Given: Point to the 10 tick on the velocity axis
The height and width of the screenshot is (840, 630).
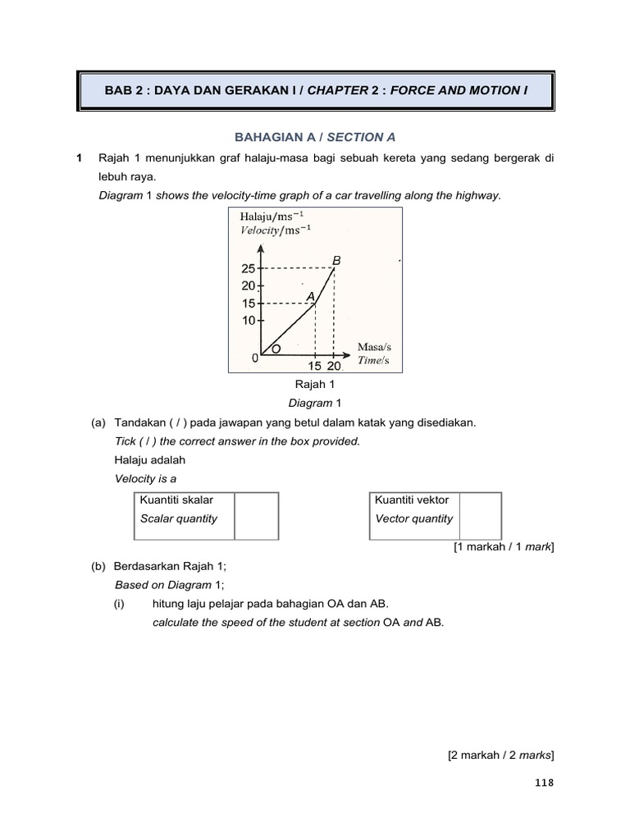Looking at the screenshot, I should point(249,321).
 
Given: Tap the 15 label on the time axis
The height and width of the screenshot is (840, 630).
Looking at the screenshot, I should point(313,366).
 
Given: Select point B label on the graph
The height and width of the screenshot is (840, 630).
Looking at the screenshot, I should point(335,260).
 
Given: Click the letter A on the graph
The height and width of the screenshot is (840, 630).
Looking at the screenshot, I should point(310,295).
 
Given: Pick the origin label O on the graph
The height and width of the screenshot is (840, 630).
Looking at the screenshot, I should point(276,349).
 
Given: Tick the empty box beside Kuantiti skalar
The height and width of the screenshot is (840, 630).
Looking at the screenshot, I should point(257,516).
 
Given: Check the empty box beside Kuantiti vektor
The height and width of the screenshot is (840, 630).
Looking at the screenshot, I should point(479,516).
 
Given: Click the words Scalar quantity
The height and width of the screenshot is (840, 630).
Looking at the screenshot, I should point(179,518).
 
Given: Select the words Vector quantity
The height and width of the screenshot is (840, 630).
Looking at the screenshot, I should point(413,518).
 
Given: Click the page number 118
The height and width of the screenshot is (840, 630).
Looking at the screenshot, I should point(543,783).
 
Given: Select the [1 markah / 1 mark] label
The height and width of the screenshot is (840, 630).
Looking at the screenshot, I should point(504,547).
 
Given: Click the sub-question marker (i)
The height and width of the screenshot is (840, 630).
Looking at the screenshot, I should point(121,604).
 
